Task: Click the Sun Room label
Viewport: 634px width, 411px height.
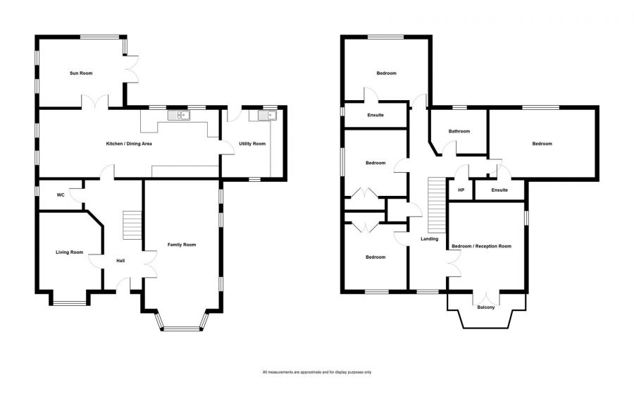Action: click(x=81, y=73)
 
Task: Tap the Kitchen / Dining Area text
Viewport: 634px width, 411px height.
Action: click(x=129, y=144)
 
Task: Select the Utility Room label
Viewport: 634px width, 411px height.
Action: click(x=252, y=144)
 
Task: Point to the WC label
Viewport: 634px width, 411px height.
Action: click(x=61, y=195)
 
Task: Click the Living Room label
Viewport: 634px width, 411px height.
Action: click(x=69, y=252)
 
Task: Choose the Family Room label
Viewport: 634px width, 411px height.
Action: click(x=182, y=245)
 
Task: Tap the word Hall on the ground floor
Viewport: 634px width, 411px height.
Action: click(x=120, y=261)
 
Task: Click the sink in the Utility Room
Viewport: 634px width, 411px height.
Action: click(x=268, y=116)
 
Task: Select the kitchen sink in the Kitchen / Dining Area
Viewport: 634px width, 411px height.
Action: click(x=179, y=116)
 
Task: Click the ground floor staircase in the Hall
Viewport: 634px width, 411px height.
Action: click(x=132, y=224)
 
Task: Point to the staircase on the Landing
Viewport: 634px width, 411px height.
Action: click(x=437, y=206)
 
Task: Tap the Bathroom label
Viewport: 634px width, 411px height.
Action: click(x=459, y=131)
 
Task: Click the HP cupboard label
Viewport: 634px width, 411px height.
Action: click(x=461, y=190)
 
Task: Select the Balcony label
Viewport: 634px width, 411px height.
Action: click(x=485, y=307)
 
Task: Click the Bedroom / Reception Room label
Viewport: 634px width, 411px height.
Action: click(x=481, y=246)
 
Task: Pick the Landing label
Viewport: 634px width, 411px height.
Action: click(x=430, y=239)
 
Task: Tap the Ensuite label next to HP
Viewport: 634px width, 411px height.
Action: click(x=499, y=190)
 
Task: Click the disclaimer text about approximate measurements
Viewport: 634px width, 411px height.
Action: click(x=316, y=372)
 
